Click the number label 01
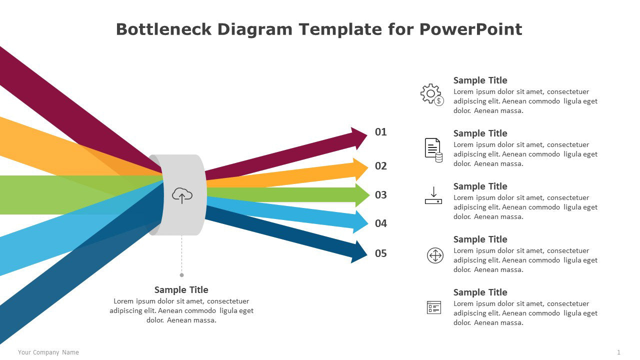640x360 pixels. (381, 132)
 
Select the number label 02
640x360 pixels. (381, 166)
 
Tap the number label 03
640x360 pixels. (381, 195)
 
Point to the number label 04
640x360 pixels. (381, 223)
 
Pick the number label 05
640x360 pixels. (381, 253)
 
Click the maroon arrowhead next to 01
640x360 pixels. (359, 138)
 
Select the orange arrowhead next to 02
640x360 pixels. (360, 169)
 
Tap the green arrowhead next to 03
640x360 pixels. (362, 195)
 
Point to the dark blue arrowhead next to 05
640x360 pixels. (359, 251)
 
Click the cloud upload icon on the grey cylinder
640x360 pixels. (182, 195)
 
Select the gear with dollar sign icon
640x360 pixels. (432, 94)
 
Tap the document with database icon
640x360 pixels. (433, 150)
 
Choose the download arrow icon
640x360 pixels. (433, 195)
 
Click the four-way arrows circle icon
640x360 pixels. (435, 255)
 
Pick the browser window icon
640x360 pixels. (434, 307)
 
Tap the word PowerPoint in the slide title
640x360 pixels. (470, 29)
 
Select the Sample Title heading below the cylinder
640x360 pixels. (181, 289)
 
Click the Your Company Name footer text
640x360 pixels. (48, 352)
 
